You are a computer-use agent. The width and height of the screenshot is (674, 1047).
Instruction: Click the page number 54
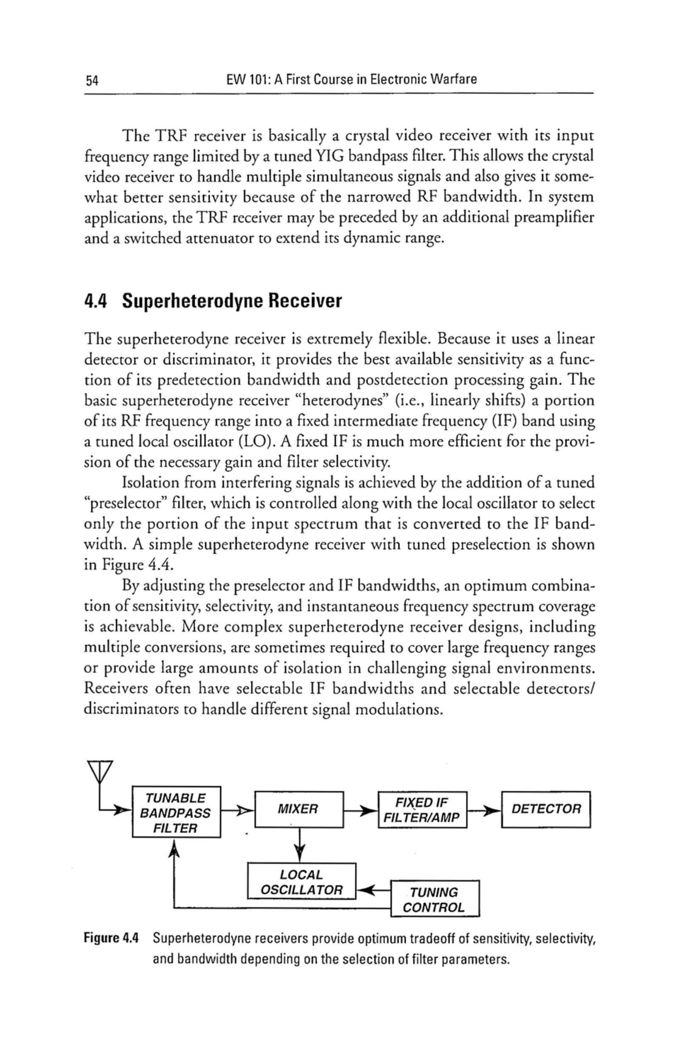pyautogui.click(x=93, y=81)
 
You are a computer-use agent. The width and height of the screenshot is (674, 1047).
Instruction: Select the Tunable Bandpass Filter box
pyautogui.click(x=176, y=813)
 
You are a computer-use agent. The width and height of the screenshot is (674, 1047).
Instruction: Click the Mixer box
pyautogui.click(x=298, y=809)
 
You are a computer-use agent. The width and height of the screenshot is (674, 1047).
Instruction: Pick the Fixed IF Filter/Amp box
pyautogui.click(x=422, y=810)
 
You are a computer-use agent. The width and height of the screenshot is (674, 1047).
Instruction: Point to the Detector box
pyautogui.click(x=546, y=809)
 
